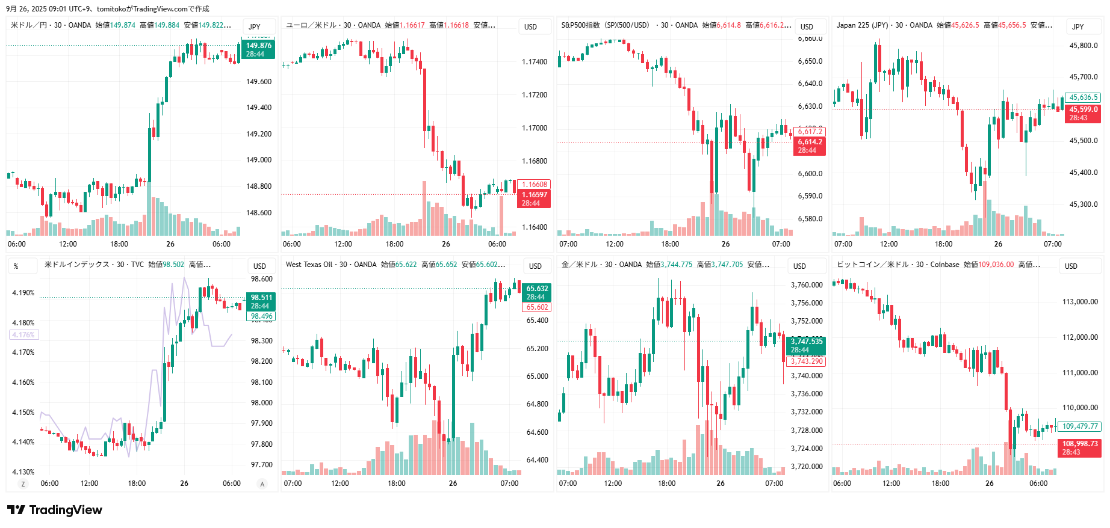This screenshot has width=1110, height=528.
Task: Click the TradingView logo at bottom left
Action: [55, 510]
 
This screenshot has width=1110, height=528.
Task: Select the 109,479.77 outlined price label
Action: [1080, 426]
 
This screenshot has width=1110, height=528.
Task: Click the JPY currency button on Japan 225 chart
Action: [1077, 26]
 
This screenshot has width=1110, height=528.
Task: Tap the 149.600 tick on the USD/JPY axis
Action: [259, 82]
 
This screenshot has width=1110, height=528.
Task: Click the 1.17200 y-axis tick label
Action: [535, 95]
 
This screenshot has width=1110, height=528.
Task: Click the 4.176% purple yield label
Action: [23, 335]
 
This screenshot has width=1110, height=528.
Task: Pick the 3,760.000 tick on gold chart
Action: [807, 285]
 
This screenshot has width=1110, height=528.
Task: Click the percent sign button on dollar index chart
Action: [16, 266]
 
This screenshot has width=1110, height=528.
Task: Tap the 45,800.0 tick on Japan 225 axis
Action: [1084, 46]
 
